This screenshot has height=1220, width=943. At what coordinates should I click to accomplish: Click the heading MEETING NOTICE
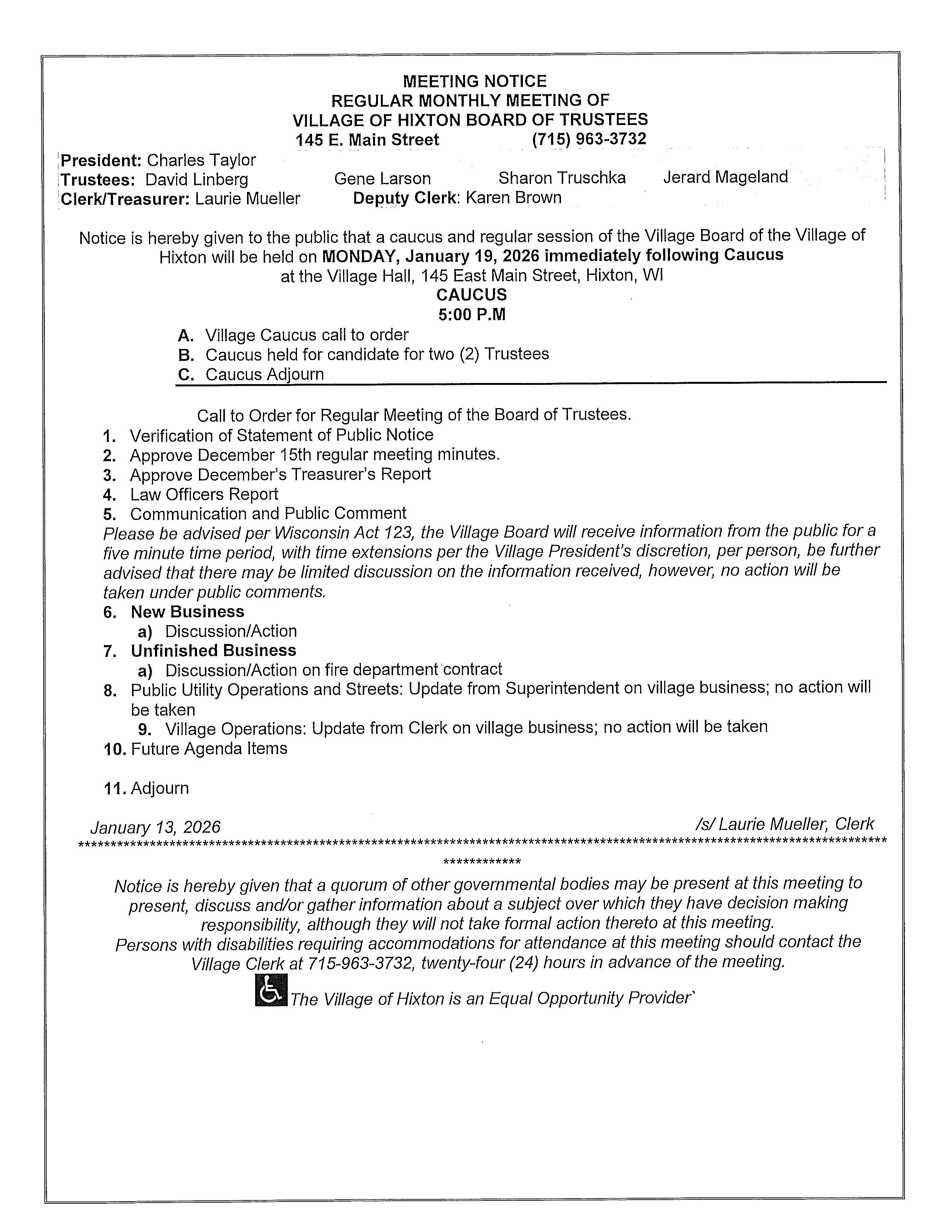click(474, 82)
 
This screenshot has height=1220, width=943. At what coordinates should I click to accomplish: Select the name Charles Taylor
click(201, 160)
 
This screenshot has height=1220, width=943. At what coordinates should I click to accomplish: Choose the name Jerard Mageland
click(725, 177)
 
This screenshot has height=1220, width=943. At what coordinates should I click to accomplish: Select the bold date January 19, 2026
click(472, 256)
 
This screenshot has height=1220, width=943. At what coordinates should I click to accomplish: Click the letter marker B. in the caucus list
click(186, 355)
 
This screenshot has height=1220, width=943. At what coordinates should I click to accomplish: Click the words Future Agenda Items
click(209, 749)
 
